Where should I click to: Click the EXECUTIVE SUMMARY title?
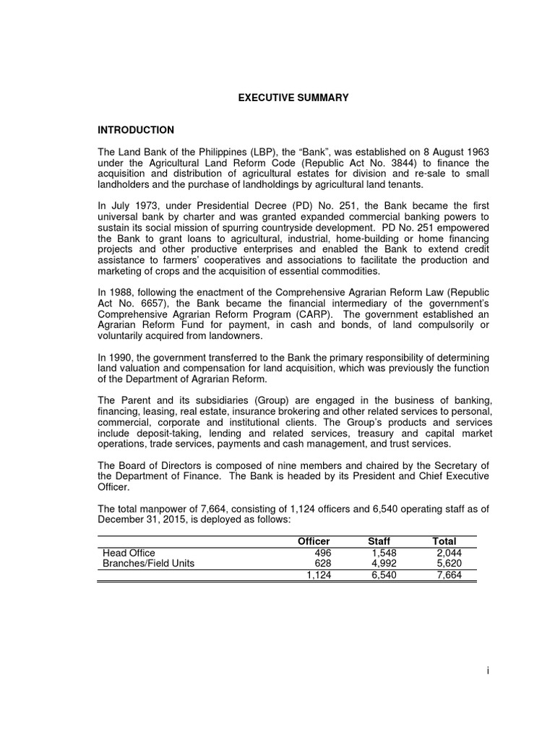(294, 98)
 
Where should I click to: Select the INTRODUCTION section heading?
(136, 130)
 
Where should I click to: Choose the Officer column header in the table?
(314, 541)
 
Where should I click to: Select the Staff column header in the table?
(379, 541)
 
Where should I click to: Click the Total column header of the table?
(444, 541)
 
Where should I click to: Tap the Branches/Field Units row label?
(149, 564)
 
